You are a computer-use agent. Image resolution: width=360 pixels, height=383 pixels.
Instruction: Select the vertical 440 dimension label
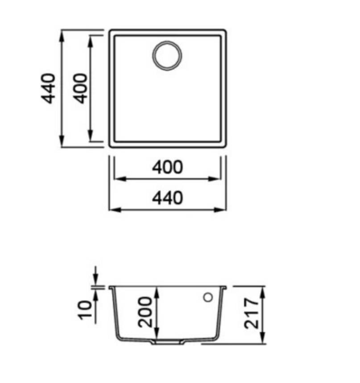pyautogui.click(x=48, y=88)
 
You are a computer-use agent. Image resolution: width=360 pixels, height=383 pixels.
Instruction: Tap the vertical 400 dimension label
pyautogui.click(x=80, y=88)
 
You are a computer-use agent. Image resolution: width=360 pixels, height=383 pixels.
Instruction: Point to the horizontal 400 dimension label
pyautogui.click(x=167, y=167)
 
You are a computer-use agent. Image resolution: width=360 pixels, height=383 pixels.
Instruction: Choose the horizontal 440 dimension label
pyautogui.click(x=167, y=198)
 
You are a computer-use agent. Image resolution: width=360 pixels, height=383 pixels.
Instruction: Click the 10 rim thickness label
pyautogui.click(x=85, y=310)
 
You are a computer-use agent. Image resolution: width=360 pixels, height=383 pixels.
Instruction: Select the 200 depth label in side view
pyautogui.click(x=145, y=312)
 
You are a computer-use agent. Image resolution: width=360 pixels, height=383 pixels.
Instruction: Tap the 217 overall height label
pyautogui.click(x=251, y=313)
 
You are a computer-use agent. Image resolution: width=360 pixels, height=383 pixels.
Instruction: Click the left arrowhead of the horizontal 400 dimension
pyautogui.click(x=120, y=179)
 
